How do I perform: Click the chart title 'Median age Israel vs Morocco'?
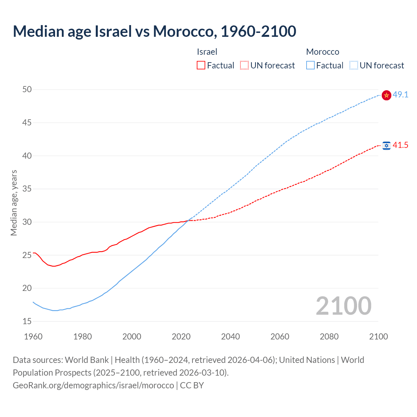tap(154, 31)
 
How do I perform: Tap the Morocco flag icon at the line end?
tap(386, 95)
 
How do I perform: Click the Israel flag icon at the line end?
tap(386, 145)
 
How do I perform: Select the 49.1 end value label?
tap(400, 95)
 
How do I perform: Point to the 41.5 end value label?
tap(400, 145)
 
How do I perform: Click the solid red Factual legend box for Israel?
tap(201, 65)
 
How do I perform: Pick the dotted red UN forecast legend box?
tap(244, 65)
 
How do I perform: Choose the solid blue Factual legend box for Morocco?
tap(310, 65)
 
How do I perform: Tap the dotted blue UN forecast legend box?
tap(353, 65)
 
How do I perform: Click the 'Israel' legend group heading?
tap(207, 52)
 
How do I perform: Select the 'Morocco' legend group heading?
tap(323, 52)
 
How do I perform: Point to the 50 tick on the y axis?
tap(27, 90)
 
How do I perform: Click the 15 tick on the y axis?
tap(27, 322)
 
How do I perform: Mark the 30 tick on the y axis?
tap(27, 222)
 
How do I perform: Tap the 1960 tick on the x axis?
tap(33, 337)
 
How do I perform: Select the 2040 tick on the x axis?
tap(230, 337)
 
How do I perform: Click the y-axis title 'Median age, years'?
tap(14, 203)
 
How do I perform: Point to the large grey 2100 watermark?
tap(343, 306)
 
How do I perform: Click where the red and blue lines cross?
tap(188, 221)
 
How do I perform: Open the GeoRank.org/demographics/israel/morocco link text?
tap(93, 385)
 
